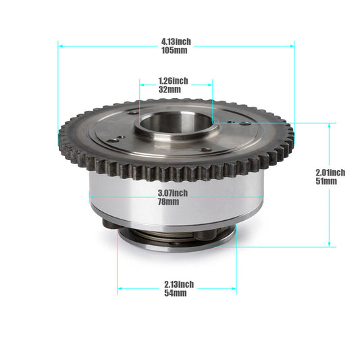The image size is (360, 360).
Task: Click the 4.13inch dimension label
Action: click(176, 42)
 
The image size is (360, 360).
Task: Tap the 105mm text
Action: click(174, 50)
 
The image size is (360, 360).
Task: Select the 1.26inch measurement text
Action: click(174, 81)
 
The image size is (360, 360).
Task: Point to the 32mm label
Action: click(170, 89)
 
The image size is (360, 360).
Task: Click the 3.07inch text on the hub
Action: click(173, 193)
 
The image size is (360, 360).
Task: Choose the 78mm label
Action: click(169, 202)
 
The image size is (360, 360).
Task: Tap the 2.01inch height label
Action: click(330, 172)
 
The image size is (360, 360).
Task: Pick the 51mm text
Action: click(326, 181)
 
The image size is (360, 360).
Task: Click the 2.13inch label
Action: click(179, 284)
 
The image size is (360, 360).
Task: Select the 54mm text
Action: click(176, 293)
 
